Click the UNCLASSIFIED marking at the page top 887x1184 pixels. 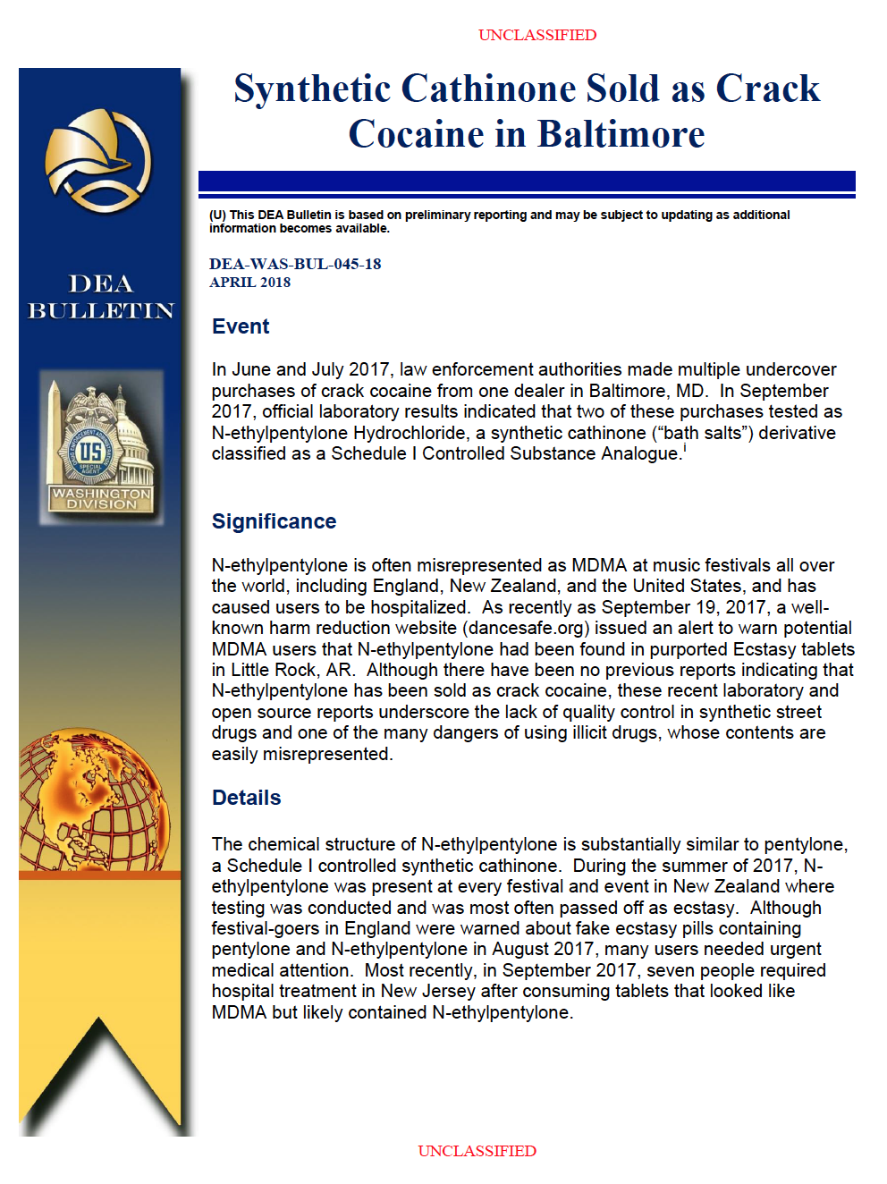click(x=536, y=35)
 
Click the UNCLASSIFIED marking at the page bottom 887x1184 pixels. click(x=477, y=1151)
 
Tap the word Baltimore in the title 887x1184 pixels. click(x=621, y=134)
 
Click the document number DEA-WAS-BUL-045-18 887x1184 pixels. click(x=295, y=264)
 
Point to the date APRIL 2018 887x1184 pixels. click(x=249, y=283)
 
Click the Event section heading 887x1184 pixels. click(x=241, y=326)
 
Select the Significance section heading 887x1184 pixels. click(x=274, y=521)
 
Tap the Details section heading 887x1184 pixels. click(x=246, y=798)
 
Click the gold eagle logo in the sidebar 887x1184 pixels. click(x=98, y=159)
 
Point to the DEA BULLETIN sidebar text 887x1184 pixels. click(x=100, y=297)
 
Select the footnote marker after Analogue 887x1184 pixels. click(x=685, y=448)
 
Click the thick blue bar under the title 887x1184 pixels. click(x=527, y=182)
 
